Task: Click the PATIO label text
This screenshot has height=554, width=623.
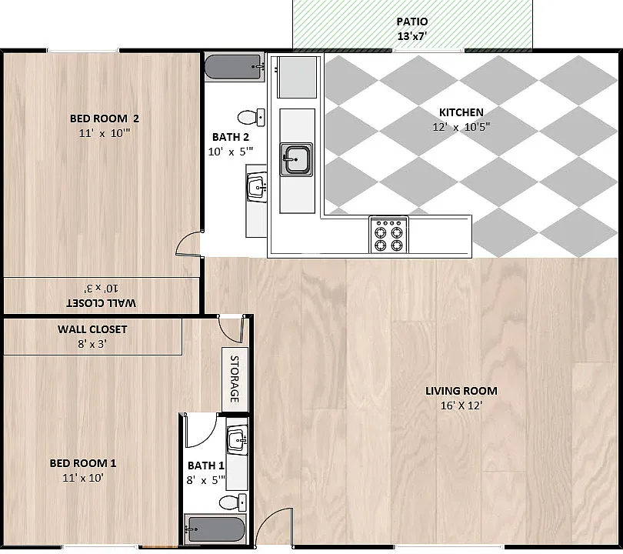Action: click(412, 22)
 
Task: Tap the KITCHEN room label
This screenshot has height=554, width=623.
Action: click(461, 112)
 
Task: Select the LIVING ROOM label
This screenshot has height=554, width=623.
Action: click(461, 391)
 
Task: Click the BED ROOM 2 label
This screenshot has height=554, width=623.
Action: click(105, 118)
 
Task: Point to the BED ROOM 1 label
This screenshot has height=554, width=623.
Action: click(83, 463)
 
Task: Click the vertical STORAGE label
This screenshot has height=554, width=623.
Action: click(235, 379)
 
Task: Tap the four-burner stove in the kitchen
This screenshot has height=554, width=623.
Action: click(388, 235)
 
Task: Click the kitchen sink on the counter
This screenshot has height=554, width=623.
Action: click(296, 159)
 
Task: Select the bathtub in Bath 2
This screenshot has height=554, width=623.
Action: click(235, 68)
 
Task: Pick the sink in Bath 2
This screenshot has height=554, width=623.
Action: click(257, 187)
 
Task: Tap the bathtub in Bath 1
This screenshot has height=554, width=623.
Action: click(215, 529)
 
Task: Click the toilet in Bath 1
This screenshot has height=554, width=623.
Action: click(233, 502)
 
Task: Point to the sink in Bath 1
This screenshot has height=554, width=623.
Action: click(238, 440)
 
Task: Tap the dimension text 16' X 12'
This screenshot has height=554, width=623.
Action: click(461, 405)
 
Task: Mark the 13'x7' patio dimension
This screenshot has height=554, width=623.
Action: click(412, 36)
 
